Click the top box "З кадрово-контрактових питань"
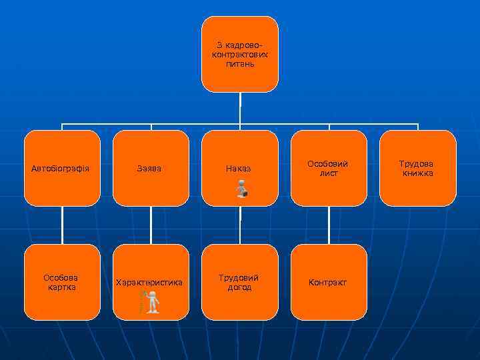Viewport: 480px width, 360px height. click(240, 53)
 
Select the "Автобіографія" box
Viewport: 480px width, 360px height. click(62, 169)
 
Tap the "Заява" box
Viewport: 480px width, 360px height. click(151, 169)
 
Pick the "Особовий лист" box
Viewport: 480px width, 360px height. click(329, 169)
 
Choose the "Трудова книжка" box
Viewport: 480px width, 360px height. click(417, 169)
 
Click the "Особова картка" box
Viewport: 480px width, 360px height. click(62, 283)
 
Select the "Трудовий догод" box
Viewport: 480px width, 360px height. click(240, 283)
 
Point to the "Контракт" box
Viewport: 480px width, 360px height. click(329, 283)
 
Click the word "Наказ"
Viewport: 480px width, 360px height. click(239, 169)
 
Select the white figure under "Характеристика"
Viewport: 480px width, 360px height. click(153, 302)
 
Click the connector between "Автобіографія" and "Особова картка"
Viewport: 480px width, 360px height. click(62, 225)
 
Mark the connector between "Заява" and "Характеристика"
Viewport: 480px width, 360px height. click(151, 225)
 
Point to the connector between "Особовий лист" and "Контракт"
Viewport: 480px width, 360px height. click(329, 225)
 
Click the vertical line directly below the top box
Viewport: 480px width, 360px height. click(240, 107)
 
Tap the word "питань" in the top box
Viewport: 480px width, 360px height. click(240, 64)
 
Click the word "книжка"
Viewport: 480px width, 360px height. click(417, 173)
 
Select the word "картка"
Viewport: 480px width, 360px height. click(61, 287)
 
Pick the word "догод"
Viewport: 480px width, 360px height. click(239, 287)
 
